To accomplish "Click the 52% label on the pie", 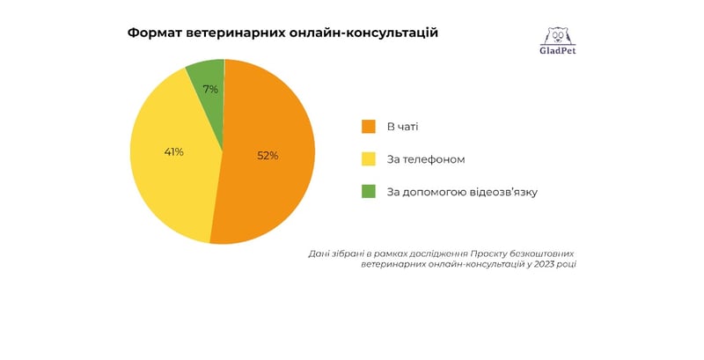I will click(268, 156).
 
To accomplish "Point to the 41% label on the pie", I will click(173, 152).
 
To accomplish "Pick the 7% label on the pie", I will click(210, 90).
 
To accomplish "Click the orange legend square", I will click(369, 127).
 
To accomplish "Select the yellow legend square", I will click(369, 159).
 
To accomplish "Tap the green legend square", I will click(369, 191).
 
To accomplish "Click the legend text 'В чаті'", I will click(403, 127).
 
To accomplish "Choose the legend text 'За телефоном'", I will click(426, 159).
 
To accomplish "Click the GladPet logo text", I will click(558, 50).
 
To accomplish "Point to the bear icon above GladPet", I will click(558, 35).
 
